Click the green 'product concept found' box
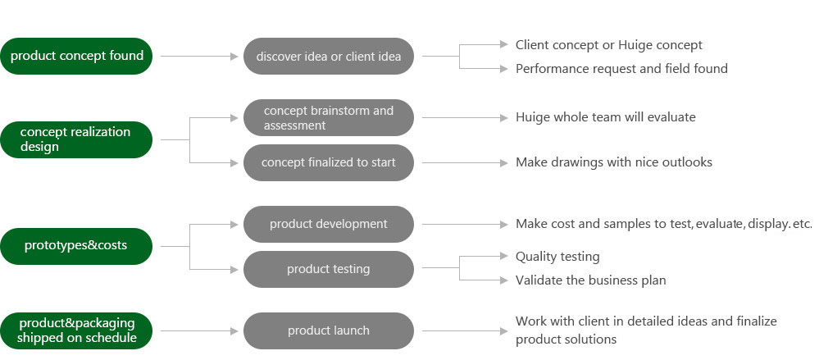(x=76, y=56)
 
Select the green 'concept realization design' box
(x=76, y=139)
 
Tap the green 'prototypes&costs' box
(x=76, y=246)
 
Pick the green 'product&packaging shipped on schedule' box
(x=76, y=330)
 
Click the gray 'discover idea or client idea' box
(x=329, y=56)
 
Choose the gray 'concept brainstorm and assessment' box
(x=329, y=117)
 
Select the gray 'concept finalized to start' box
(x=329, y=162)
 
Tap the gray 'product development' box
(x=329, y=224)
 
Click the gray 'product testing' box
(x=329, y=269)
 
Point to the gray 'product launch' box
(x=329, y=330)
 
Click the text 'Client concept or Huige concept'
(x=609, y=45)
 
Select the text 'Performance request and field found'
(x=621, y=68)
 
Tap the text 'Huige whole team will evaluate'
(x=605, y=117)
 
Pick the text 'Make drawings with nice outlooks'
(x=614, y=162)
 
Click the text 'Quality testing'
(x=557, y=257)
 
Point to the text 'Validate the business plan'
(x=591, y=280)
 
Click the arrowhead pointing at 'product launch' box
(x=234, y=330)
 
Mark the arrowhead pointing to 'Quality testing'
(x=504, y=256)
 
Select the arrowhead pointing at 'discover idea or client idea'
(x=234, y=56)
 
